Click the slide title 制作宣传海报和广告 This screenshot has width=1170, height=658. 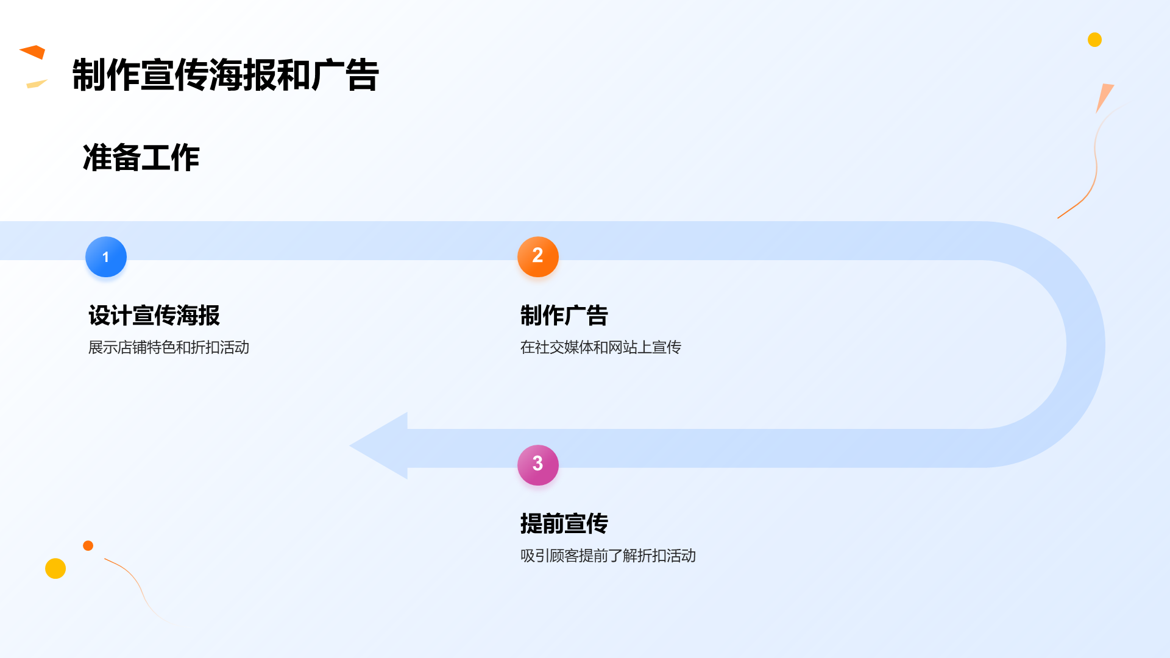pyautogui.click(x=225, y=75)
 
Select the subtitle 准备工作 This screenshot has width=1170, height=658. pyautogui.click(x=141, y=158)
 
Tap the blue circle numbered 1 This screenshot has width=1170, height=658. pyautogui.click(x=106, y=257)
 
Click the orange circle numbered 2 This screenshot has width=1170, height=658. pyautogui.click(x=537, y=256)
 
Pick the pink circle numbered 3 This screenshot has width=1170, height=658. pyautogui.click(x=537, y=464)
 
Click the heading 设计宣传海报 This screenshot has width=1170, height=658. pyautogui.click(x=154, y=316)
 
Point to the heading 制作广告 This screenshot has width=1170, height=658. pyautogui.click(x=564, y=316)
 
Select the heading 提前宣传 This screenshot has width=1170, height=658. pyautogui.click(x=564, y=523)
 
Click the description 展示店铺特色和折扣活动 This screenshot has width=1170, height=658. pyautogui.click(x=169, y=347)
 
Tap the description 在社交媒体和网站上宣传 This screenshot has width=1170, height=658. pyautogui.click(x=600, y=347)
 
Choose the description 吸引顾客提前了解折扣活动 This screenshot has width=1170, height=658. pyautogui.click(x=608, y=556)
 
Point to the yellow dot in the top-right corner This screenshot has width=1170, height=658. pyautogui.click(x=1094, y=40)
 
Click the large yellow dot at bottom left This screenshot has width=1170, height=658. pyautogui.click(x=55, y=568)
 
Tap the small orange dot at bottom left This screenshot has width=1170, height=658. pyautogui.click(x=88, y=545)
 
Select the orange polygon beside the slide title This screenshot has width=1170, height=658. pyautogui.click(x=34, y=52)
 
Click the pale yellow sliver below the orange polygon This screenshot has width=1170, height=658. pyautogui.click(x=36, y=84)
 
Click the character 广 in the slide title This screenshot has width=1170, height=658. pyautogui.click(x=328, y=75)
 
